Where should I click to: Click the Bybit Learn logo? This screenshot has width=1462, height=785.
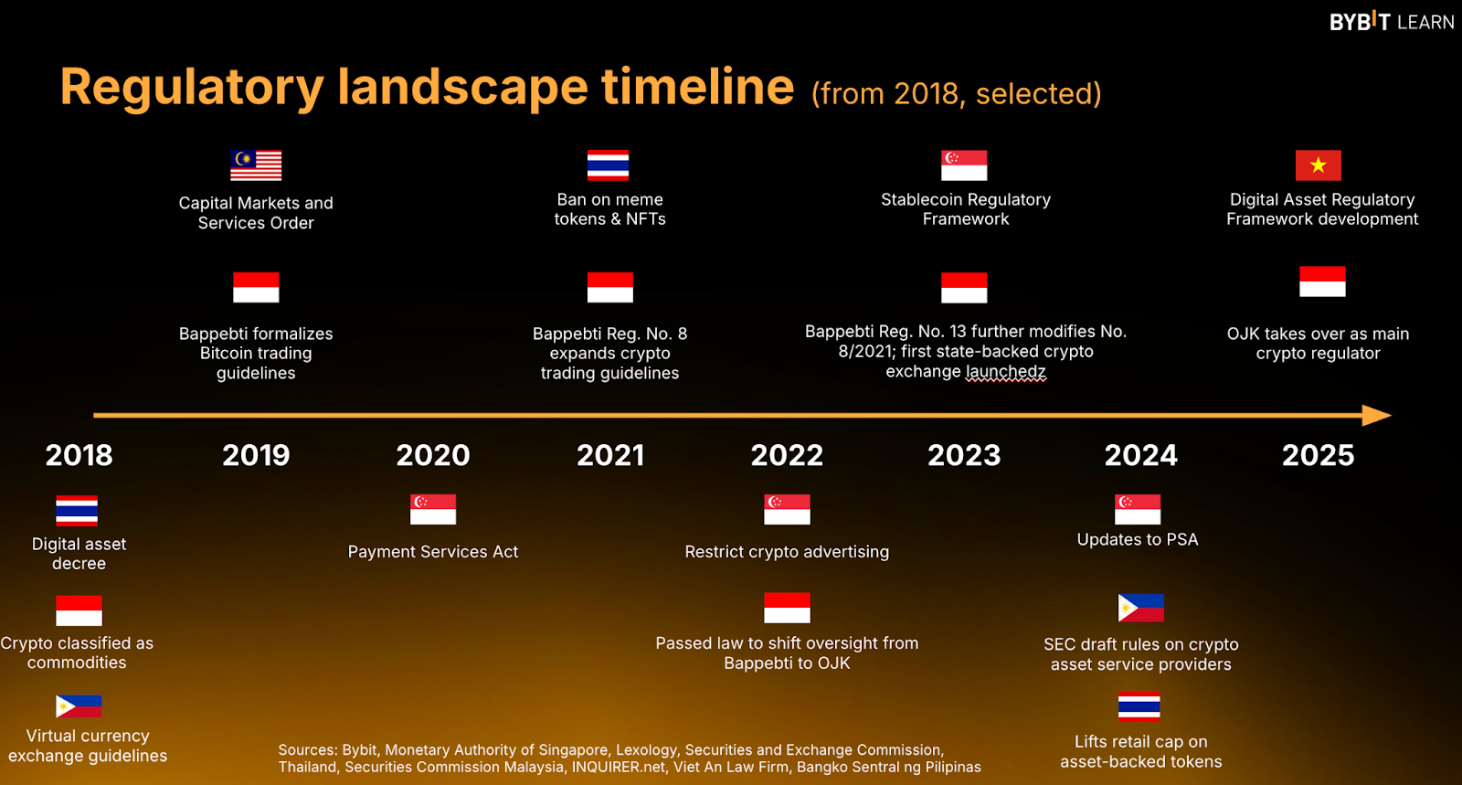(x=1392, y=22)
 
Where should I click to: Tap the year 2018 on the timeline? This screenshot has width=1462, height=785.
(x=79, y=455)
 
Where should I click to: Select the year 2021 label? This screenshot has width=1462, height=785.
(x=610, y=455)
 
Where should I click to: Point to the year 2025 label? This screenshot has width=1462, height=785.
(x=1318, y=455)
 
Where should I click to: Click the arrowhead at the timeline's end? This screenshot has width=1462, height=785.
(x=1376, y=415)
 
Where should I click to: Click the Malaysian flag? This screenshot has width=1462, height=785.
(x=256, y=165)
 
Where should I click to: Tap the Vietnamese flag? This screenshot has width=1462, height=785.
(x=1319, y=165)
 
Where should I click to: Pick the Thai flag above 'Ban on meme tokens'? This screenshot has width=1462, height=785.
(x=609, y=165)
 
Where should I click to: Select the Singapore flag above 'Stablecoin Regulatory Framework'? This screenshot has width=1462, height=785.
(x=964, y=165)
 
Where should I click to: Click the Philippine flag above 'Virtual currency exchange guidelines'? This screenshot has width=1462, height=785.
(x=79, y=706)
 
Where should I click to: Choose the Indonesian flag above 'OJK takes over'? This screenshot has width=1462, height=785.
(x=1322, y=281)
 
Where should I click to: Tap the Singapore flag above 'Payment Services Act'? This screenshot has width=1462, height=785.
(x=433, y=509)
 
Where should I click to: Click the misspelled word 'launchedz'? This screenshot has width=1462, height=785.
(x=1006, y=371)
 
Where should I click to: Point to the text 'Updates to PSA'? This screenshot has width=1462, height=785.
(x=1138, y=540)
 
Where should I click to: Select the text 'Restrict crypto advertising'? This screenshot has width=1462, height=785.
(x=787, y=552)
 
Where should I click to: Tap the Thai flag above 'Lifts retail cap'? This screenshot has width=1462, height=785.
(x=1139, y=706)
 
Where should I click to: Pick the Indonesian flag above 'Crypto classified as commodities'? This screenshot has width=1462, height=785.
(x=79, y=610)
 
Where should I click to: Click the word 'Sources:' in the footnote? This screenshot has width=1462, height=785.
(x=307, y=749)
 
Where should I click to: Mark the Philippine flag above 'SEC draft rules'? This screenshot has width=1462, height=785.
(x=1141, y=608)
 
